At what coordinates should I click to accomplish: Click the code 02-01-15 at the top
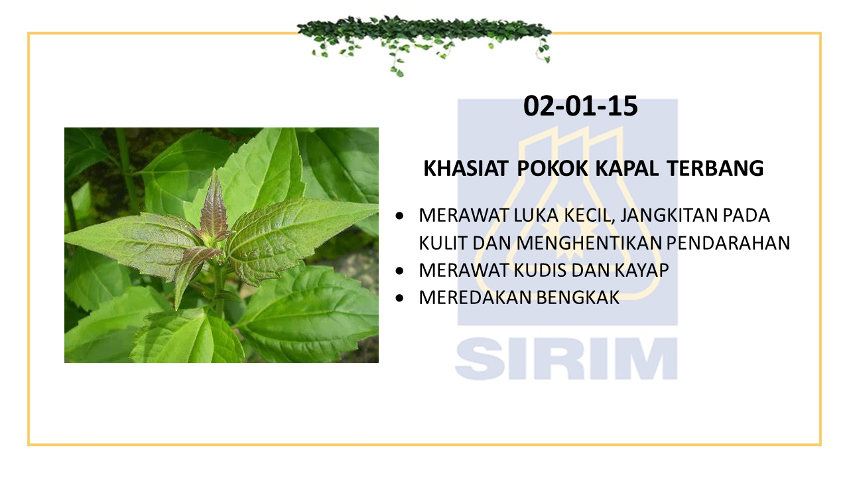[580, 106]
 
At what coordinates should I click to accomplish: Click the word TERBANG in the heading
[715, 168]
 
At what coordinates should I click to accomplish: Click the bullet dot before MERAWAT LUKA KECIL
[399, 216]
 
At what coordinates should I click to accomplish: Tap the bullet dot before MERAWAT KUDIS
[399, 271]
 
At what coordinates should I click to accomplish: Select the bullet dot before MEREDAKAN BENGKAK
[399, 298]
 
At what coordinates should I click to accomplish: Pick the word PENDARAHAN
[728, 243]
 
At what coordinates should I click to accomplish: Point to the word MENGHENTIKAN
[589, 243]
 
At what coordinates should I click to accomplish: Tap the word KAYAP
[641, 270]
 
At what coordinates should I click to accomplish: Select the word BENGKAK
[578, 297]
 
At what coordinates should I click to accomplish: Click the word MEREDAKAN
[476, 297]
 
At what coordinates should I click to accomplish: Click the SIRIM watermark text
[566, 359]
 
